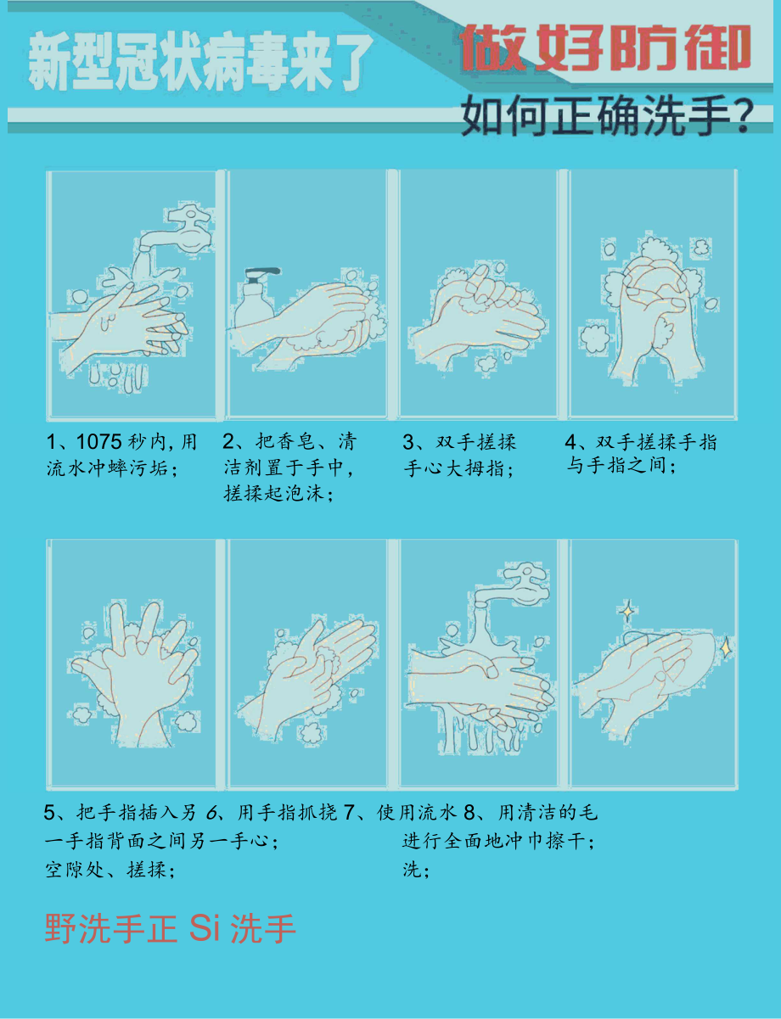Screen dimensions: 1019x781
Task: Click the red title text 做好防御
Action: click(606, 48)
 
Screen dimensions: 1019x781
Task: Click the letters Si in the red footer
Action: click(205, 928)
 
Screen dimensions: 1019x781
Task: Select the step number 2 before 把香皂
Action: click(228, 442)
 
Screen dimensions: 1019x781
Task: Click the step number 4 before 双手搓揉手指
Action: click(570, 442)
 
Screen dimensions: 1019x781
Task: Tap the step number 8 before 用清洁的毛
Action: click(468, 813)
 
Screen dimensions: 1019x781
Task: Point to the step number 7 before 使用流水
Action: click(348, 813)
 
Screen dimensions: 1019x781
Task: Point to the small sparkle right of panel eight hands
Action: click(727, 647)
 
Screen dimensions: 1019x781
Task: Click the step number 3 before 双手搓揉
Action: click(407, 442)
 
